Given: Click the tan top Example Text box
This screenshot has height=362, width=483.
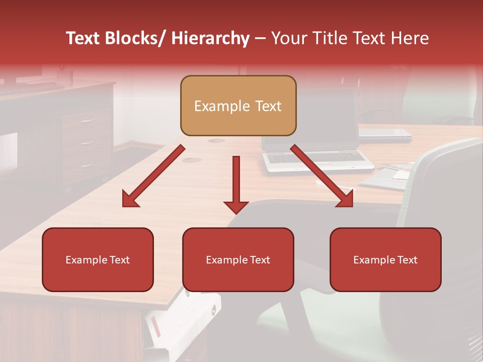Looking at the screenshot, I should pyautogui.click(x=238, y=106).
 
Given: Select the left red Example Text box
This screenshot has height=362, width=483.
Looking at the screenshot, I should pyautogui.click(x=98, y=259).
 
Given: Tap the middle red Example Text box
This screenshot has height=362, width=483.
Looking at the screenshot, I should pyautogui.click(x=238, y=259).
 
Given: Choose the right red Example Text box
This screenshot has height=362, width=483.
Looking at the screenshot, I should pyautogui.click(x=385, y=259).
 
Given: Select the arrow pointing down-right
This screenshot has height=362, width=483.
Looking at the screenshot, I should pyautogui.click(x=323, y=176).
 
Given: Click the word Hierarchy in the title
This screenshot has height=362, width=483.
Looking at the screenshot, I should pyautogui.click(x=210, y=38).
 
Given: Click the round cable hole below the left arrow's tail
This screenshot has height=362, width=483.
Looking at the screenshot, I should pyautogui.click(x=191, y=160).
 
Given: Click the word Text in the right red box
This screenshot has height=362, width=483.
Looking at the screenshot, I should pyautogui.click(x=407, y=259).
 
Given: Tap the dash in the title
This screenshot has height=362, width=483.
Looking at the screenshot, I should pyautogui.click(x=260, y=38).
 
